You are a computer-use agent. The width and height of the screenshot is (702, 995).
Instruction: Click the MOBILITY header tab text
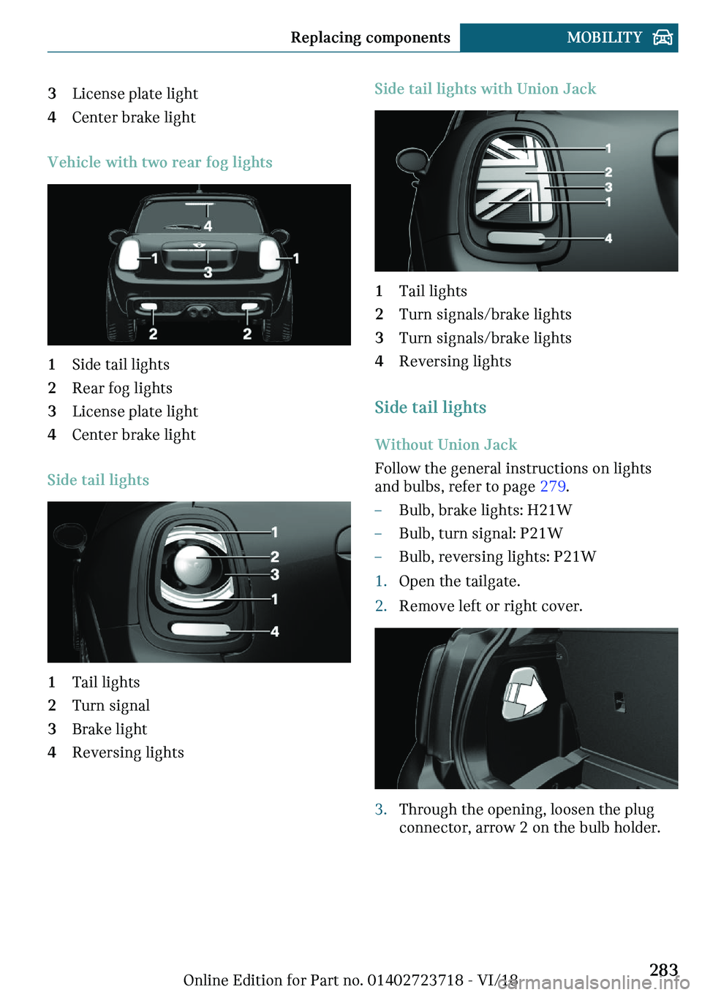(604, 37)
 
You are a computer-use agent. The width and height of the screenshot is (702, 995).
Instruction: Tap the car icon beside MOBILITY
(663, 37)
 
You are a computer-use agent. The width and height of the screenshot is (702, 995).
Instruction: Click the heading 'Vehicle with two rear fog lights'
(159, 162)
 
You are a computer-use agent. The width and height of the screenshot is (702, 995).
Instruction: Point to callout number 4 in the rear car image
(208, 226)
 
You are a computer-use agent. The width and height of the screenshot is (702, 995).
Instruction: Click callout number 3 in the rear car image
(208, 272)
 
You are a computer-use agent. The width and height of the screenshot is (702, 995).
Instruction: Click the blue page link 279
(552, 487)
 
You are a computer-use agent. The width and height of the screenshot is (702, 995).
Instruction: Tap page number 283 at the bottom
(663, 969)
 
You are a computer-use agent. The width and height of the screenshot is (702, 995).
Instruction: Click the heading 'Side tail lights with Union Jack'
(485, 89)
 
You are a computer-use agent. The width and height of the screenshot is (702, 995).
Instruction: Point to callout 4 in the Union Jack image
(608, 239)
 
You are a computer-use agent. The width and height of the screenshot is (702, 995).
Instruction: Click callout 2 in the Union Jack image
(608, 172)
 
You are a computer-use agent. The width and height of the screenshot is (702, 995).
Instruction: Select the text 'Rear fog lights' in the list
(122, 388)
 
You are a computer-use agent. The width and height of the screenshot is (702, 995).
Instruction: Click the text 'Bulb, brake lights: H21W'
(485, 510)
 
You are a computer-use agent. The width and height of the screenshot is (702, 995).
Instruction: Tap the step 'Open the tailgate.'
(459, 582)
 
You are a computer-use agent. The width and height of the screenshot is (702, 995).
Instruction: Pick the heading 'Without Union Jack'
(445, 445)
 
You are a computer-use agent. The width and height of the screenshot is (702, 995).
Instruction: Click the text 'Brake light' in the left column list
(110, 729)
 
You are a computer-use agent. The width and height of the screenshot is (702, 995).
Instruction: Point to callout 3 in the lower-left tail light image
(275, 575)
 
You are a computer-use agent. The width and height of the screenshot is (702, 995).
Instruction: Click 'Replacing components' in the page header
(370, 37)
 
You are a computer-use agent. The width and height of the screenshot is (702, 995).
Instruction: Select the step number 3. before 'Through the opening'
(380, 809)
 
